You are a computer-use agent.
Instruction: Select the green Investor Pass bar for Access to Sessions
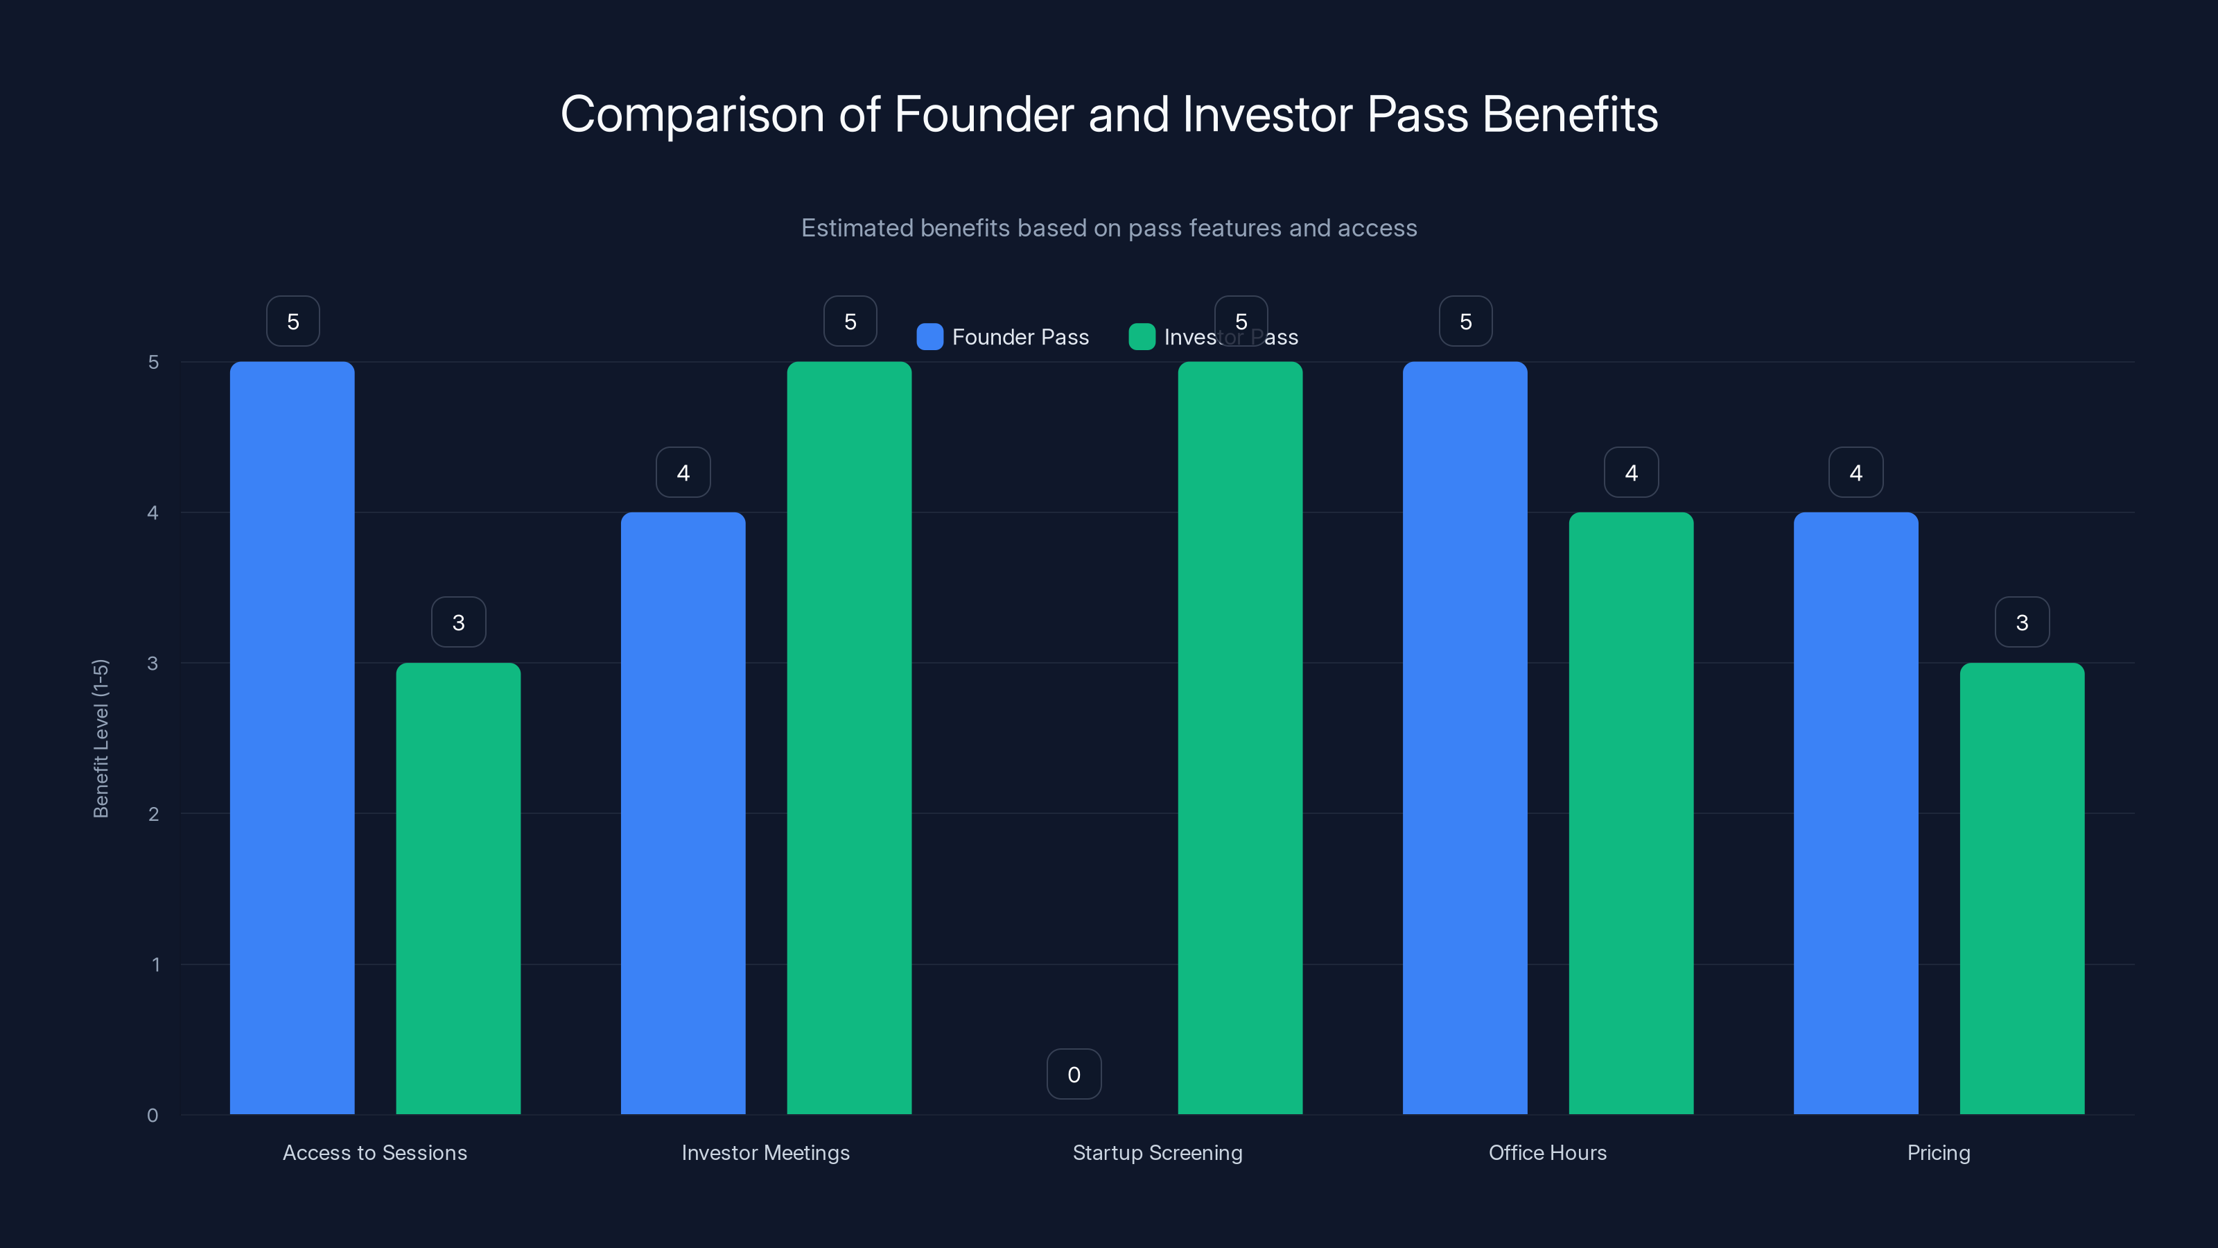coord(458,888)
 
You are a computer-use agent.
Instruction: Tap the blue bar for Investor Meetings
coord(683,813)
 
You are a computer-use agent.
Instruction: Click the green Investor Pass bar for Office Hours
coord(1631,813)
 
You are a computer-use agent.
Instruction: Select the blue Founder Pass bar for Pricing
coord(1855,813)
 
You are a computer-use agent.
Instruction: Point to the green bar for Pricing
coord(2022,888)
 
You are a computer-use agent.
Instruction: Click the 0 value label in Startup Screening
coord(1074,1074)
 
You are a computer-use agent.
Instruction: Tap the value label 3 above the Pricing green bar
coord(2022,622)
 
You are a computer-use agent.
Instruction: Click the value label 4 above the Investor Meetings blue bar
coord(683,472)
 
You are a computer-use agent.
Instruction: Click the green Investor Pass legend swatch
coord(1142,337)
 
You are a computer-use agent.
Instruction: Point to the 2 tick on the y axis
coord(153,814)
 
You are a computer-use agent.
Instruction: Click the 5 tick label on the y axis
coord(153,362)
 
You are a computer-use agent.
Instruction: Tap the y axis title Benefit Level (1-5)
coord(101,738)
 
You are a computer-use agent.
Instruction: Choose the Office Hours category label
coord(1547,1152)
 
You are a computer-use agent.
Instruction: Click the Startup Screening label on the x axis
coord(1158,1152)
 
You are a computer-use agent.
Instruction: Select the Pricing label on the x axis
coord(1938,1152)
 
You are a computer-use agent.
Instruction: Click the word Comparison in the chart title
coord(692,115)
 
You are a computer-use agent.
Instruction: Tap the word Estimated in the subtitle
coord(857,228)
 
